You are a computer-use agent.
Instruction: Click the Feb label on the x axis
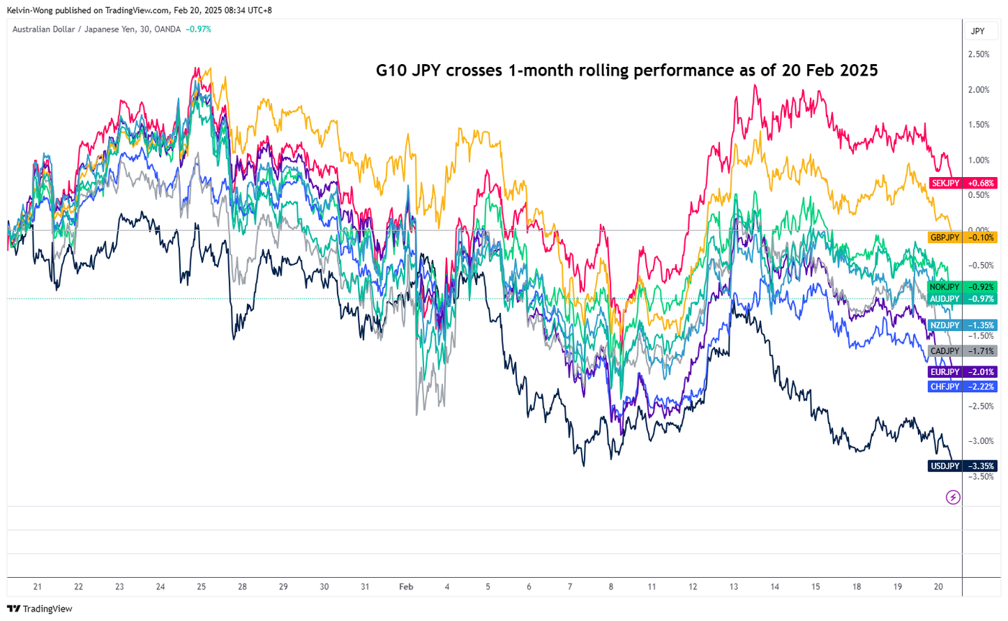[406, 587]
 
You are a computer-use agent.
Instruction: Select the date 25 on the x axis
[201, 587]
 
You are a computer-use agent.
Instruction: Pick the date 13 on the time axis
[733, 587]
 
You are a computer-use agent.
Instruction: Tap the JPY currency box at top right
[978, 31]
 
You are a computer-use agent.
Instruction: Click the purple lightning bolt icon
[953, 497]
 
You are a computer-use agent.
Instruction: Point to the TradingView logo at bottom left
[40, 609]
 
